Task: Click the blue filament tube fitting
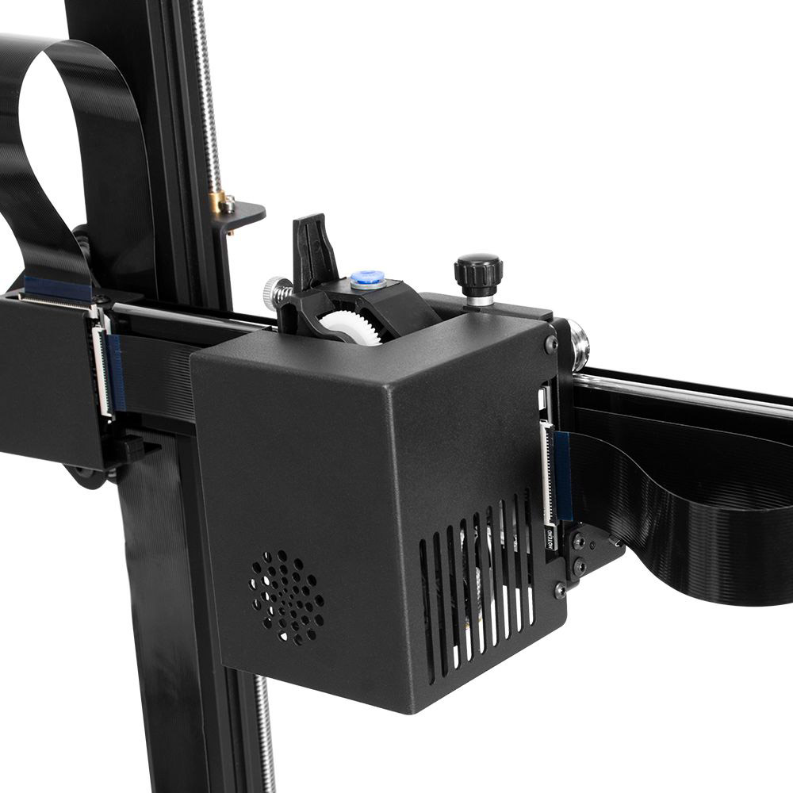coord(367,279)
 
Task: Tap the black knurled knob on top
coord(477,272)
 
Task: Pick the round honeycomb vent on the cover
coord(287,597)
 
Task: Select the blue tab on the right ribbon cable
coord(563,476)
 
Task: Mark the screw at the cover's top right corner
coord(550,344)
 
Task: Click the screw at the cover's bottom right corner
coord(560,589)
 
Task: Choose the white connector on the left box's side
coord(102,373)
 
